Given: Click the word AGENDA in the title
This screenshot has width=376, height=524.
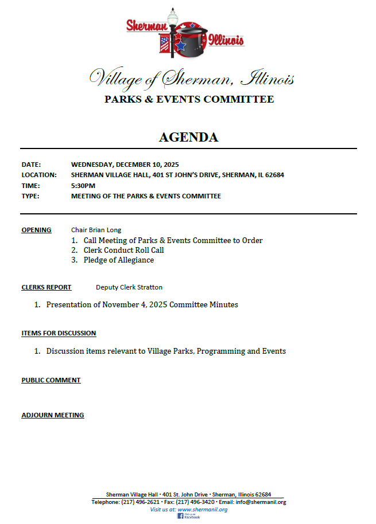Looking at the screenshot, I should click(188, 138).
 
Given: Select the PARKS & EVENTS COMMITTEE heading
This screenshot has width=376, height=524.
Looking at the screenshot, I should click(189, 99).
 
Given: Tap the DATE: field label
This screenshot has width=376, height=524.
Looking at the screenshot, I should click(31, 164).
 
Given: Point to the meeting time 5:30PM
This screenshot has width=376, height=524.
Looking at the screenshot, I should click(83, 186).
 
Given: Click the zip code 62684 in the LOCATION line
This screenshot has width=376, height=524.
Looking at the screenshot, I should click(274, 175).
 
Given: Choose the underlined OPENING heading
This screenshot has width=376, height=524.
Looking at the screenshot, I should click(36, 230).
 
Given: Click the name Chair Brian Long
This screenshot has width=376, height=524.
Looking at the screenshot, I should click(96, 230).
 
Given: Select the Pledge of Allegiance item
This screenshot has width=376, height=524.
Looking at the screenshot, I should click(118, 260).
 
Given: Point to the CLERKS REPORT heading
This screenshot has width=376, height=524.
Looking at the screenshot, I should click(46, 287).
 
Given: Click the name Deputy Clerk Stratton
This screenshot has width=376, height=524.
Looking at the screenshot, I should click(129, 287).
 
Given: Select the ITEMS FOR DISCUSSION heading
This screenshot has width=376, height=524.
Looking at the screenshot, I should click(59, 333).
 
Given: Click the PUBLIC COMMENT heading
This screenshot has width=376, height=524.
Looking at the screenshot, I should click(51, 380).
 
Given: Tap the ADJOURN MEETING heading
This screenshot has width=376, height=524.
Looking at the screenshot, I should click(53, 415).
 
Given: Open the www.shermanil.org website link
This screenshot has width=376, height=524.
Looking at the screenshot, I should click(202, 509).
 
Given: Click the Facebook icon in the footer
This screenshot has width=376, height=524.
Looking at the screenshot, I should click(180, 516).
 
